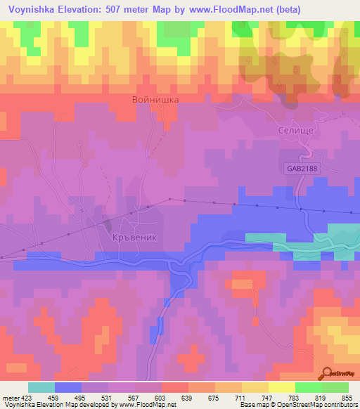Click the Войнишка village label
pyautogui.click(x=155, y=100)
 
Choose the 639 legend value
pyautogui.click(x=188, y=396)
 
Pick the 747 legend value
pyautogui.click(x=268, y=396)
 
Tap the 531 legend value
pyautogui.click(x=108, y=396)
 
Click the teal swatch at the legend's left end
pyautogui.click(x=41, y=387)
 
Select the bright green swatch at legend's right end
pyautogui.click(x=335, y=387)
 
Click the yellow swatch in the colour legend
pyautogui.click(x=282, y=387)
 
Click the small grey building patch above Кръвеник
pyautogui.click(x=108, y=224)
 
